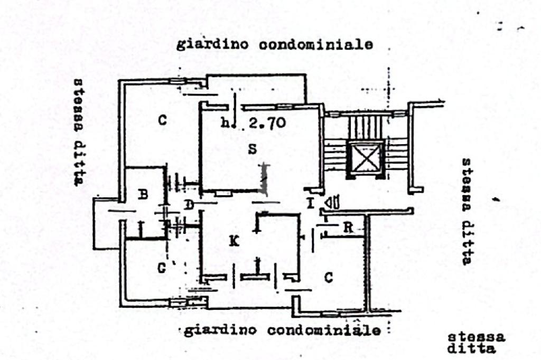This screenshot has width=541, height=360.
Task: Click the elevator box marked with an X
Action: tap(366, 158)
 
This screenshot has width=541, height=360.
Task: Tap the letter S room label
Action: tap(253, 149)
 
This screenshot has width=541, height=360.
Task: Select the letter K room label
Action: tap(235, 242)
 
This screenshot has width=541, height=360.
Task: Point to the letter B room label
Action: tap(143, 195)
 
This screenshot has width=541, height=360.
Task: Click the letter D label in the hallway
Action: tap(189, 204)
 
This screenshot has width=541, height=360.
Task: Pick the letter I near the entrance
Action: tap(311, 203)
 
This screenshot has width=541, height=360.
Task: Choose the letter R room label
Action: tap(348, 228)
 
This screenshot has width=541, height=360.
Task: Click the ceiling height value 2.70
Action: tap(267, 124)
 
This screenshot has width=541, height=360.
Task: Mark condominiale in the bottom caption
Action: tap(323, 331)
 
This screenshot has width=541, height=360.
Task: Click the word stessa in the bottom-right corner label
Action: tap(476, 337)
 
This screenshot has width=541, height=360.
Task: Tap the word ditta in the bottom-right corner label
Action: tap(471, 348)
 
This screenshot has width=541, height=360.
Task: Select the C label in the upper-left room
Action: tap(162, 120)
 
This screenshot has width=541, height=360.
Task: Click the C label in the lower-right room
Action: tap(328, 277)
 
